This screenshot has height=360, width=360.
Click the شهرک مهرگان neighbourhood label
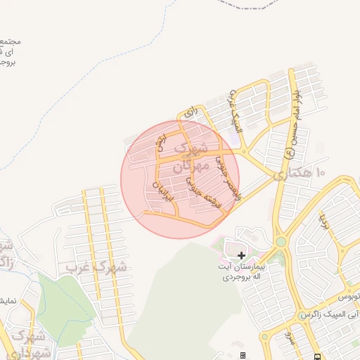click(x=191, y=159)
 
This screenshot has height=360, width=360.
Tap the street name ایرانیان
click(x=162, y=191)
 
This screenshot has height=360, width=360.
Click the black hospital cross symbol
click(x=241, y=255)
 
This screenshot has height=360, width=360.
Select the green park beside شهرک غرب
click(x=63, y=302)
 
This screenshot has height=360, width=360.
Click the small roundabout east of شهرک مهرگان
click(x=243, y=152)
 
